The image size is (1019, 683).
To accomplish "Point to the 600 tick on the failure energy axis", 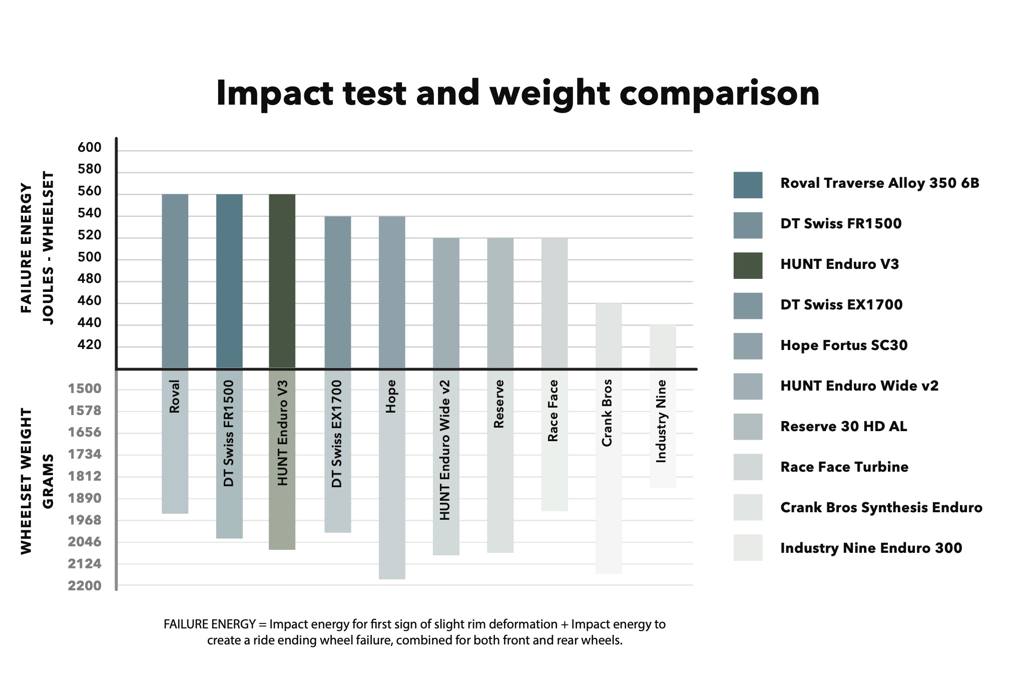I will point(90,148).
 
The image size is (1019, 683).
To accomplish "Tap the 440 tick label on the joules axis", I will point(90,323).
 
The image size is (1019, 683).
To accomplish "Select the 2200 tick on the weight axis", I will point(85,586).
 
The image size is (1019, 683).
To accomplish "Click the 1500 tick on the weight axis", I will point(85,389).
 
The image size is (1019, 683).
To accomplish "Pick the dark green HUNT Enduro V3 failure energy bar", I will point(282,280).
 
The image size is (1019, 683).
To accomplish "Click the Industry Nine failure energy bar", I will point(663,347).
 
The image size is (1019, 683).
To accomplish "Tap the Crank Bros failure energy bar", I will point(609,335).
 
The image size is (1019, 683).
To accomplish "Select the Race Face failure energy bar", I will point(555,303).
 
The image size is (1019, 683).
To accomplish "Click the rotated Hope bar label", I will point(391,397).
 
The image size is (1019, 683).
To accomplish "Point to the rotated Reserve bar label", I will point(498,404).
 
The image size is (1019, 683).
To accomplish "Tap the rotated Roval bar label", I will point(174,397).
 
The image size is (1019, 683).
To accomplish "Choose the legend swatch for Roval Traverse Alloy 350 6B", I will point(748,185).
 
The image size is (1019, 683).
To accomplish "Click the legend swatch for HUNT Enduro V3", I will point(748,265).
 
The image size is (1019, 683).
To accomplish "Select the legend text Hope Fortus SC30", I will point(844,346).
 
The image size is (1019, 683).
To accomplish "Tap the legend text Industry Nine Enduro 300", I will point(871,548).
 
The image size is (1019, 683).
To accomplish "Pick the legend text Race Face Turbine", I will point(844,467).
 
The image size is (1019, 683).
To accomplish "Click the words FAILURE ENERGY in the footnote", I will point(210,624).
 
